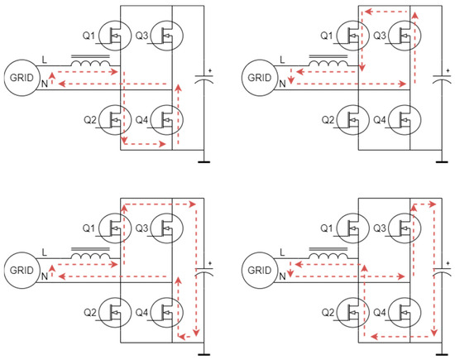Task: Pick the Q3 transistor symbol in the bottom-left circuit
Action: [171, 228]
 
